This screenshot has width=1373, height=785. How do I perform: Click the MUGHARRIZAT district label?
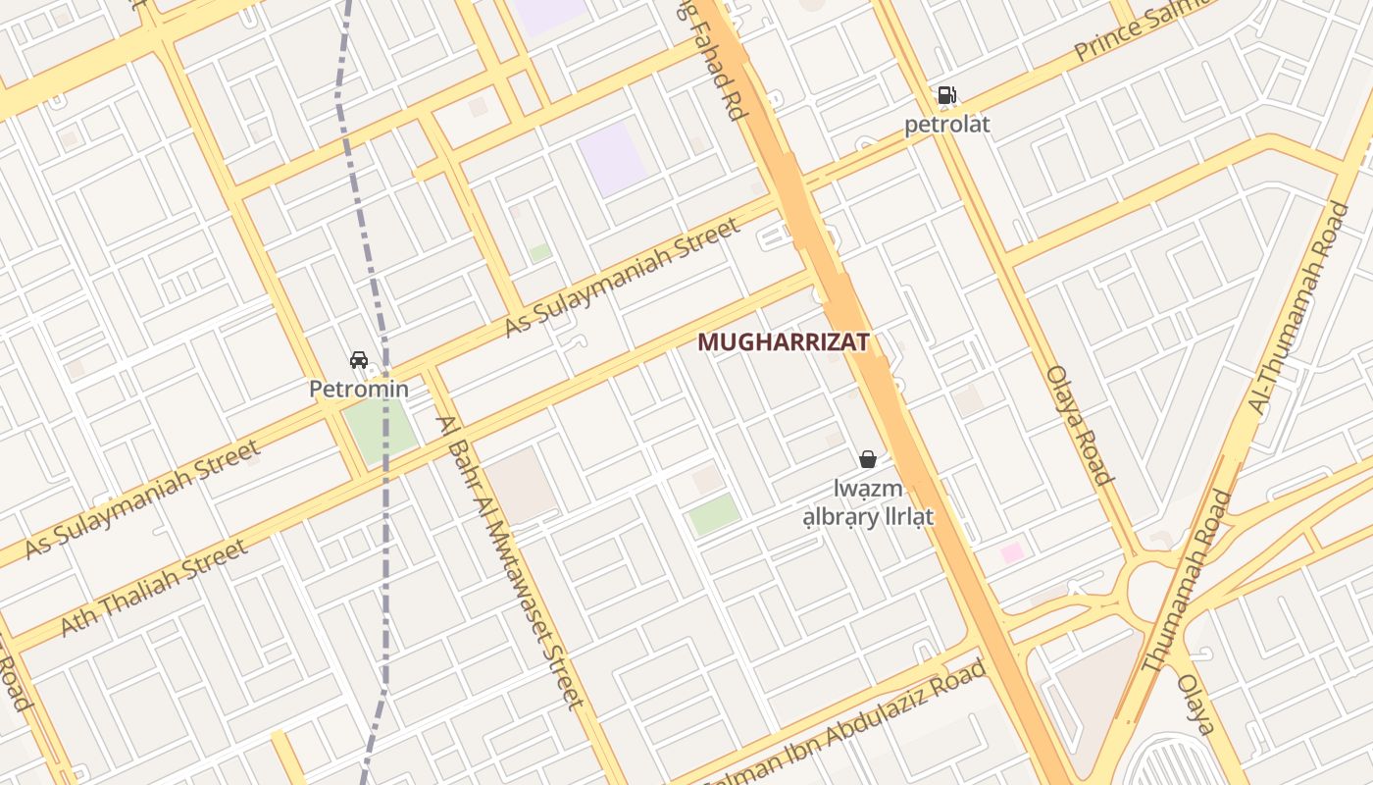click(783, 342)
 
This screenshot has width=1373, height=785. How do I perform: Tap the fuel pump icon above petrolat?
click(946, 95)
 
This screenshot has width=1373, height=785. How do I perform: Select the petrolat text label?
click(946, 125)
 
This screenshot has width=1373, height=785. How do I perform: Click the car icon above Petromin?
click(359, 360)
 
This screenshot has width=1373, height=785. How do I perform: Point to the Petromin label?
click(359, 390)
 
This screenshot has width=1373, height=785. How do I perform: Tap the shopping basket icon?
click(867, 458)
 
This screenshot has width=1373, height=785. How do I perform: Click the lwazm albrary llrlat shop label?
click(869, 502)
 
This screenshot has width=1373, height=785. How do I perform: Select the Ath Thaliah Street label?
click(155, 588)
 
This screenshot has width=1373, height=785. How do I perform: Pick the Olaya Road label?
click(1079, 425)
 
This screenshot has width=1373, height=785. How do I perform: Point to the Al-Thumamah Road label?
click(1298, 306)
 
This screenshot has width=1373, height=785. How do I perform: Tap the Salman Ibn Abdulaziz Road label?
click(843, 728)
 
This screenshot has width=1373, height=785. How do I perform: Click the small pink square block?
click(1012, 552)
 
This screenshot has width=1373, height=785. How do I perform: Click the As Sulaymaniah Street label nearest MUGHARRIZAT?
click(622, 278)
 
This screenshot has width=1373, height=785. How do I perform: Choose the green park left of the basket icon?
click(715, 514)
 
